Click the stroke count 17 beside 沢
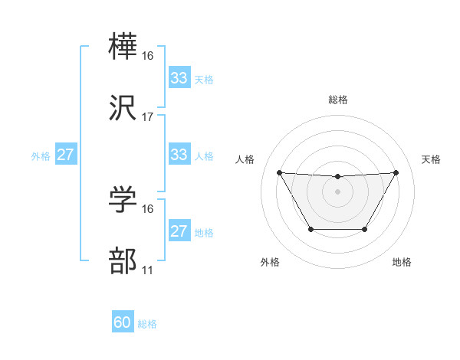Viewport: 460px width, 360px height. pyautogui.click(x=148, y=117)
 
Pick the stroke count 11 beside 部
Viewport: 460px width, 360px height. pyautogui.click(x=148, y=270)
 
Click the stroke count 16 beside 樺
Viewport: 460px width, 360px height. pyautogui.click(x=148, y=56)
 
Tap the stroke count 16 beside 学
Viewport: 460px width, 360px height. pyautogui.click(x=148, y=209)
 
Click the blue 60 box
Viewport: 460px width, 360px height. pyautogui.click(x=123, y=322)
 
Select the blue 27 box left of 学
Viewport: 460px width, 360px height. pyautogui.click(x=65, y=155)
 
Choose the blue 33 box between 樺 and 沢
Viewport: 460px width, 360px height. pyautogui.click(x=179, y=77)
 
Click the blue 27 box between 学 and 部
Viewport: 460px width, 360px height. pyautogui.click(x=179, y=231)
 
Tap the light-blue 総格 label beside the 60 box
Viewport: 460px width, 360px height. pyautogui.click(x=147, y=324)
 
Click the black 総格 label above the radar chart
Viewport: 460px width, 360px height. pyautogui.click(x=337, y=100)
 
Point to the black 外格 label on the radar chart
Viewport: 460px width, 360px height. pyautogui.click(x=270, y=262)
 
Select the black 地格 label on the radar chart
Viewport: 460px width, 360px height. pyautogui.click(x=402, y=262)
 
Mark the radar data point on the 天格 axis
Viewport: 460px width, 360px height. pyautogui.click(x=396, y=172)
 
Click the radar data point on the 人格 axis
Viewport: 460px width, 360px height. pyautogui.click(x=279, y=172)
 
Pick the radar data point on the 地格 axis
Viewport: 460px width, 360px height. pyautogui.click(x=364, y=229)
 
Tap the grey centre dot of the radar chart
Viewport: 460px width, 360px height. pyautogui.click(x=337, y=191)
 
